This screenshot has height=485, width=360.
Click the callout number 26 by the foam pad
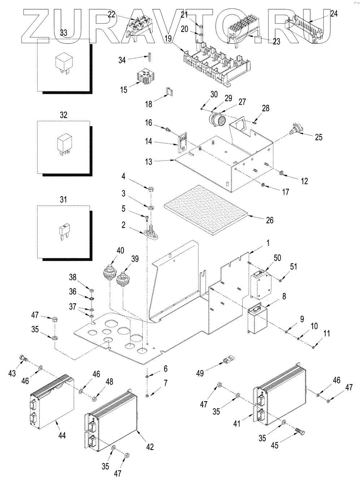coord(270,220)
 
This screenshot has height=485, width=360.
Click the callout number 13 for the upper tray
coord(148,162)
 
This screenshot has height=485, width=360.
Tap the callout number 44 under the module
coord(62,435)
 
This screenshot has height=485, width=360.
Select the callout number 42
coord(150,447)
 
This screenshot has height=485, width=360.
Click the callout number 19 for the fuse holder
coord(168,39)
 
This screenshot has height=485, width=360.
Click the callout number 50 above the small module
coord(277,258)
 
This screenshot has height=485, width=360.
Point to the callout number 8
coord(284,296)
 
